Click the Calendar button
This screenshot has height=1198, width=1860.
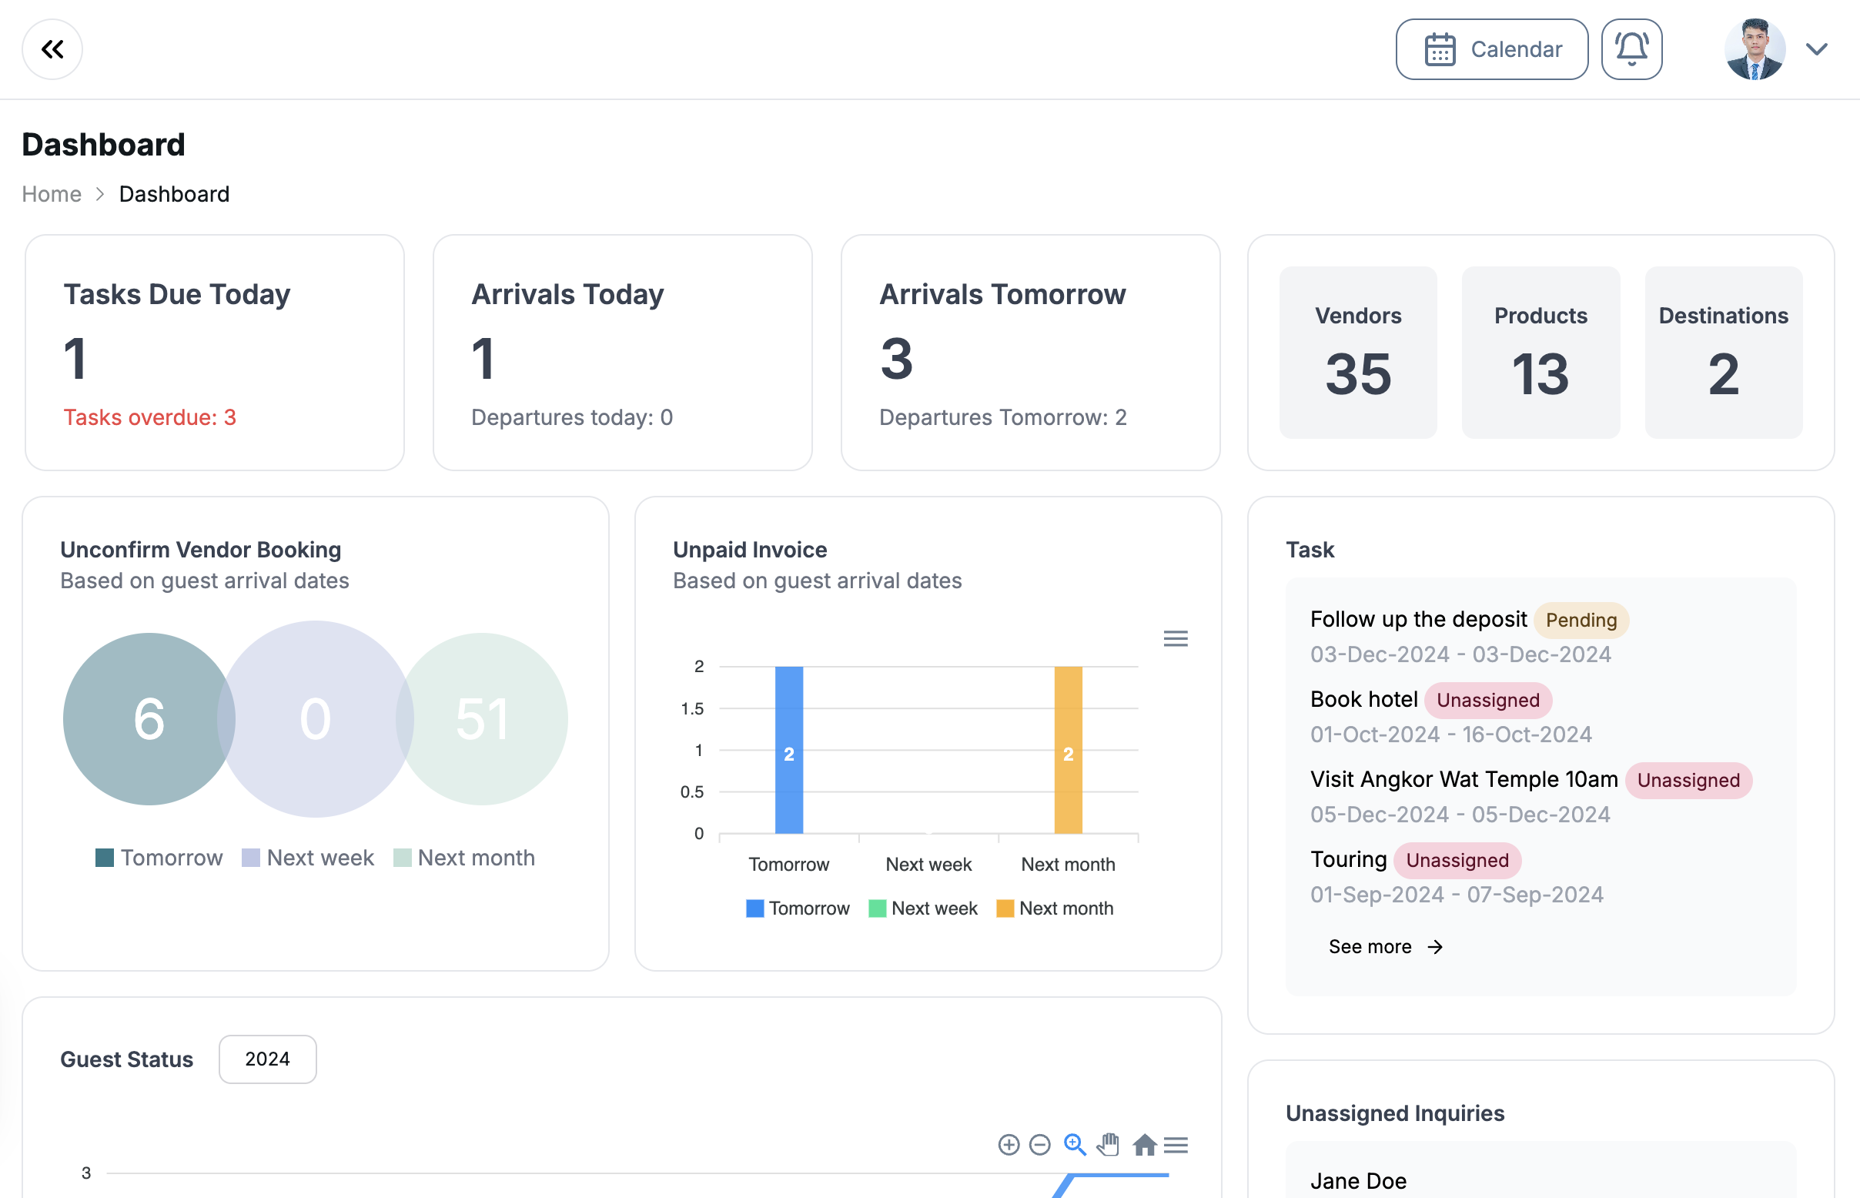point(1491,49)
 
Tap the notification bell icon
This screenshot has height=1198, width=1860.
point(1631,49)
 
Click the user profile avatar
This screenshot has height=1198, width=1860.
point(1755,49)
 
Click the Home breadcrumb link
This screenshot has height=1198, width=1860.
point(52,194)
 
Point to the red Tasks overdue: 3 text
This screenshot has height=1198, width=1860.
point(149,418)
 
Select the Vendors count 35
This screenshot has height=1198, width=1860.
point(1357,374)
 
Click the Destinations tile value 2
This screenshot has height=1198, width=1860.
point(1723,374)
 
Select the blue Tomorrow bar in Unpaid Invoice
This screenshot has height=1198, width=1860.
point(789,749)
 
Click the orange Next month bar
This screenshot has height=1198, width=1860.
point(1068,749)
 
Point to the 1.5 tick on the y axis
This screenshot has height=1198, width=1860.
point(691,708)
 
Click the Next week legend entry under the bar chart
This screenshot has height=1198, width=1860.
point(923,909)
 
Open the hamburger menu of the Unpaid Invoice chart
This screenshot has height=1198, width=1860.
point(1176,639)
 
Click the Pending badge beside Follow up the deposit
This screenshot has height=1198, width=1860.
point(1581,620)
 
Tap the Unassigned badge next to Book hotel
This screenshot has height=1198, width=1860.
point(1487,700)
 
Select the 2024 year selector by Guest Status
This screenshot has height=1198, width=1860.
point(267,1059)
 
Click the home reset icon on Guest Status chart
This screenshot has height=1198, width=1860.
point(1144,1145)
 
